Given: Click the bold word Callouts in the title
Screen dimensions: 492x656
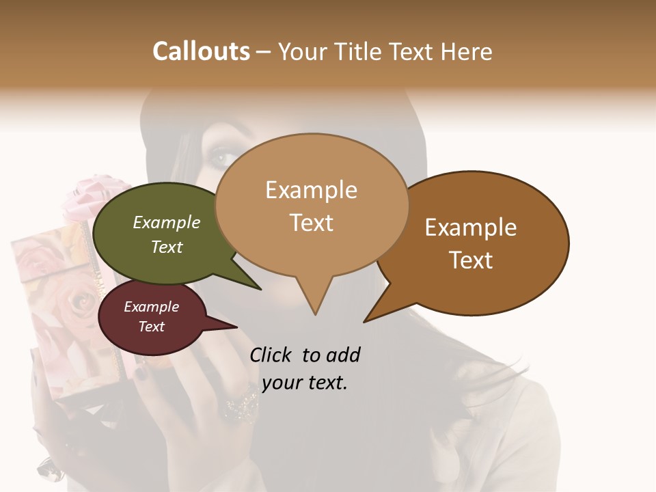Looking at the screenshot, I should pyautogui.click(x=201, y=51).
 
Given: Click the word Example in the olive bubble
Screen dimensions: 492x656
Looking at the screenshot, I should pyautogui.click(x=167, y=222).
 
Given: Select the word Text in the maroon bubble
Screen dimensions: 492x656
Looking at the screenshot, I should pyautogui.click(x=152, y=327).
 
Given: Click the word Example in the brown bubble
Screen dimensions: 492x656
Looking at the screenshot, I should pyautogui.click(x=471, y=228).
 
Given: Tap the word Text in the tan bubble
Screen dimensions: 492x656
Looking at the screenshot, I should pyautogui.click(x=312, y=223).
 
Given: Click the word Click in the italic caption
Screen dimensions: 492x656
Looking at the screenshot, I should pyautogui.click(x=271, y=355).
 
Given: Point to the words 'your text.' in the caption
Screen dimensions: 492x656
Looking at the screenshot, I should pyautogui.click(x=305, y=383).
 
